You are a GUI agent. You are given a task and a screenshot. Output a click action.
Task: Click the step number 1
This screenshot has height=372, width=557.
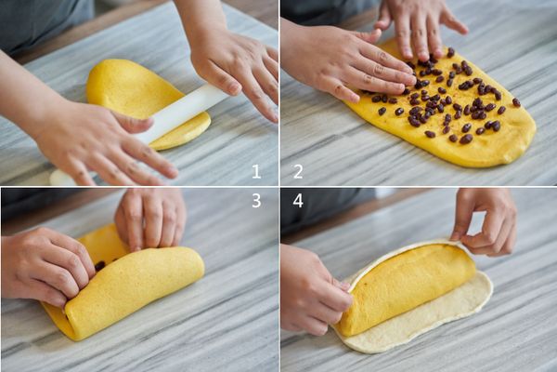pyautogui.click(x=256, y=171)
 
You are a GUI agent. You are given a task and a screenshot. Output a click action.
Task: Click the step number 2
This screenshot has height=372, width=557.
pyautogui.click(x=298, y=171)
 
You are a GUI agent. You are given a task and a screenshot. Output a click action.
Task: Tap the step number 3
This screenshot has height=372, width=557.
pyautogui.click(x=256, y=201)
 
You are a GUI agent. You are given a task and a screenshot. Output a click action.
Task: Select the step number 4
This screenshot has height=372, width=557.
pyautogui.click(x=298, y=201)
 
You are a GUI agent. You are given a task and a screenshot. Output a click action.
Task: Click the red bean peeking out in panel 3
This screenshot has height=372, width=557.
pyautogui.click(x=100, y=266)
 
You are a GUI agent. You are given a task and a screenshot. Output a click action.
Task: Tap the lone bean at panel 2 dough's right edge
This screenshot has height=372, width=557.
pyautogui.click(x=516, y=102)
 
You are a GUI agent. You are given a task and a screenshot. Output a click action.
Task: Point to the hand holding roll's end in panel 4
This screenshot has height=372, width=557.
pyautogui.click(x=313, y=288)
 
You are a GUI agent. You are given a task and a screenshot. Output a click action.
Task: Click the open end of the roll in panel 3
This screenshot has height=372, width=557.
pyautogui.click(x=71, y=317)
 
